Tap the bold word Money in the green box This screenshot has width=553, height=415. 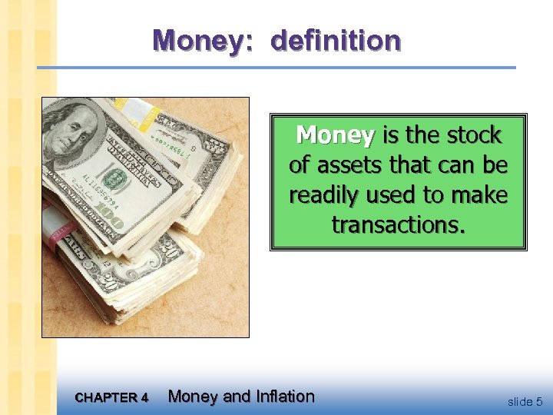pos(336,136)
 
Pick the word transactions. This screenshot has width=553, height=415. pos(398,224)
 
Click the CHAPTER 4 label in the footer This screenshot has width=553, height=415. pos(112,398)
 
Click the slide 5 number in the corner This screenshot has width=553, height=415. pos(525,401)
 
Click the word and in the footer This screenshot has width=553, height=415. pos(235,397)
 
